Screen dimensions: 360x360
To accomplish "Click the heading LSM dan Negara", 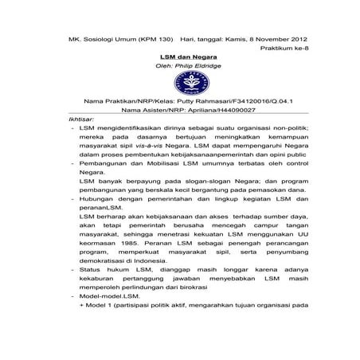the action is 179,57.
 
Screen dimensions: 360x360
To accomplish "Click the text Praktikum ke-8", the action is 283,49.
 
